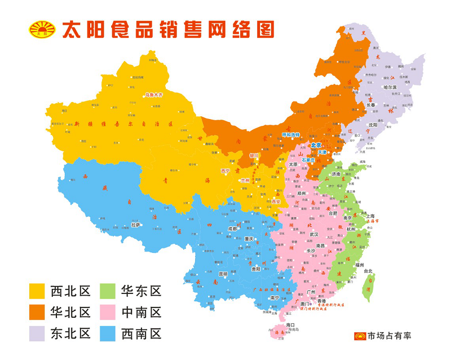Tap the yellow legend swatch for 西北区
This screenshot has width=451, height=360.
37,291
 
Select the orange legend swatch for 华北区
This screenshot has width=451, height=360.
37,312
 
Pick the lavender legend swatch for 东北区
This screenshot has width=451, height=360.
37,333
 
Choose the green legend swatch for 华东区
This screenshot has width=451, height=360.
108,291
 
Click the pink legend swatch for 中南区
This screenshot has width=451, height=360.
108,312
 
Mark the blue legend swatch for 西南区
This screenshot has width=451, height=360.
108,333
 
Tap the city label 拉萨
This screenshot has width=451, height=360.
135,224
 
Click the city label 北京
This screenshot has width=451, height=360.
316,145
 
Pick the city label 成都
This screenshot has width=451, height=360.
232,229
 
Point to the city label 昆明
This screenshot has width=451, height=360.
223,274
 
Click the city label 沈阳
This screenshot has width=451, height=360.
373,125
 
